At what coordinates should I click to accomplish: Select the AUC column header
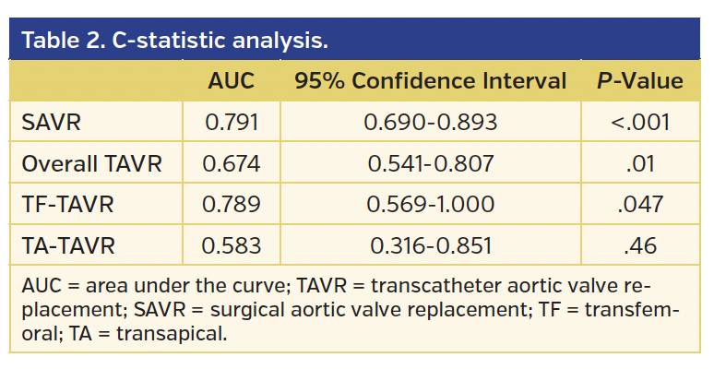click(x=231, y=81)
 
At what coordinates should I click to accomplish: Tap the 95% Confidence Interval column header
click(x=430, y=81)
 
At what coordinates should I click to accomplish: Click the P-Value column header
click(x=639, y=81)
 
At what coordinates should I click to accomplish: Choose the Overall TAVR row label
click(x=91, y=164)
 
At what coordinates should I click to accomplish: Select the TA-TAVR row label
click(x=66, y=245)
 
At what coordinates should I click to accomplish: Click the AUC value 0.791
click(x=231, y=123)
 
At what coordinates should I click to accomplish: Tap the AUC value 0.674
click(x=231, y=164)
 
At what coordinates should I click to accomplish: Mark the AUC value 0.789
click(x=231, y=205)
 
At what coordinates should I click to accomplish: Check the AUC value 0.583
click(x=231, y=245)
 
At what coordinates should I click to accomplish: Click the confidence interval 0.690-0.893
click(x=431, y=123)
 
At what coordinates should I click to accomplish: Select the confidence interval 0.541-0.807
click(x=431, y=164)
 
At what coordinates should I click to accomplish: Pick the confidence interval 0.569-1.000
click(x=431, y=205)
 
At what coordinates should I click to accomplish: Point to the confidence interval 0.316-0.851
click(x=431, y=245)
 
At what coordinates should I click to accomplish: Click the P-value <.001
click(x=639, y=123)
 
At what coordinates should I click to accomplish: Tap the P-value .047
click(x=639, y=205)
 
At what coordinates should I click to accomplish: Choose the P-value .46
click(x=639, y=245)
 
